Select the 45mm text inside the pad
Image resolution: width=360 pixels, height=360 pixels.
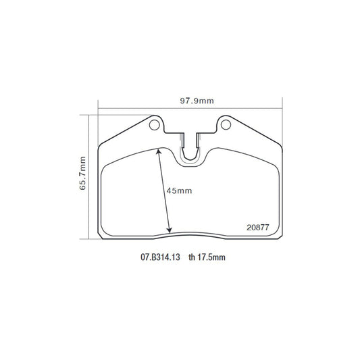pos(180,191)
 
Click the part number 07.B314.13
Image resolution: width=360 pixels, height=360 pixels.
pos(160,257)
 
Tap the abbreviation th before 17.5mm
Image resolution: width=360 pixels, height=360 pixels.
pos(192,257)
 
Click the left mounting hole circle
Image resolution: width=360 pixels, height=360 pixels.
pos(155,125)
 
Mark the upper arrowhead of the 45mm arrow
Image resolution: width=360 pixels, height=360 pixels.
pos(159,151)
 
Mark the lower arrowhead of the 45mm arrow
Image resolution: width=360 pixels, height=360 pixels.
pos(170,231)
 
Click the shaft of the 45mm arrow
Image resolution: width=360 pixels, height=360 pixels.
pos(164,191)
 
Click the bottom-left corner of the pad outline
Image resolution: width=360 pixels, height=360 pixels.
pos(101,237)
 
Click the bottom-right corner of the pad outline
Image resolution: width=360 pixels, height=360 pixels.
pos(279,237)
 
